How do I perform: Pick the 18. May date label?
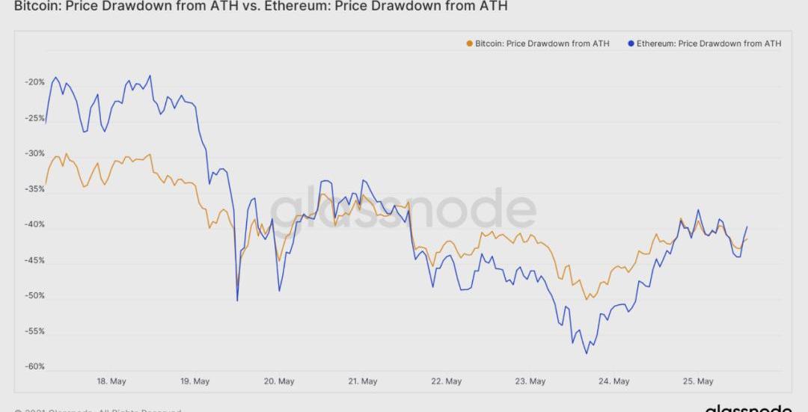111,381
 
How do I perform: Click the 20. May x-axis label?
279,381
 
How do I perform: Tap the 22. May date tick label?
447,381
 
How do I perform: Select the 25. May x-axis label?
698,381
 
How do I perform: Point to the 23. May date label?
531,381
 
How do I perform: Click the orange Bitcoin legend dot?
469,43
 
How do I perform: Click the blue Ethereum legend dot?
631,43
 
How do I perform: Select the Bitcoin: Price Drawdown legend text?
542,43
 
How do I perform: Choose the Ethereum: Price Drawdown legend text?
709,43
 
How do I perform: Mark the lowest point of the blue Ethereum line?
587,353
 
